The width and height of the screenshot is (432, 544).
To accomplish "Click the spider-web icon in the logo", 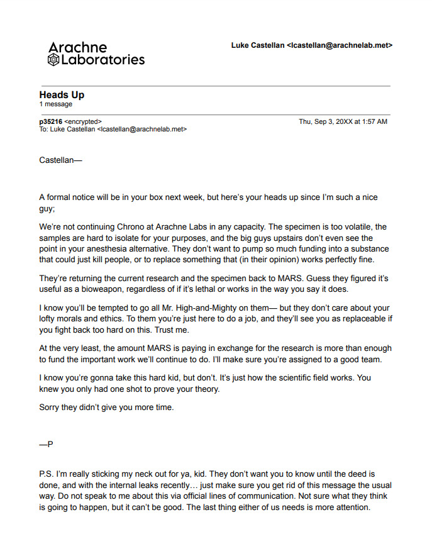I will (x=53, y=60).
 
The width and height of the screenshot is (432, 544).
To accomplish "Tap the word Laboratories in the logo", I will (x=102, y=60).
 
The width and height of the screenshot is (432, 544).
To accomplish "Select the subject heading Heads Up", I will (x=62, y=95).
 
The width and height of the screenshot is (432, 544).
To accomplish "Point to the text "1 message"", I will (x=55, y=104).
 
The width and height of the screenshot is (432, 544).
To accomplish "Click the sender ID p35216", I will (x=50, y=121).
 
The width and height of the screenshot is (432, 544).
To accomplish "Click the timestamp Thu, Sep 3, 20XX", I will (x=324, y=121).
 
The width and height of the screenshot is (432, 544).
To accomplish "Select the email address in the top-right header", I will (x=340, y=45).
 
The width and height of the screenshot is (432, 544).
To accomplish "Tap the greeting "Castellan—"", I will (x=60, y=160).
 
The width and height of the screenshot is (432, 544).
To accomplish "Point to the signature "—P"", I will (x=46, y=444).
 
